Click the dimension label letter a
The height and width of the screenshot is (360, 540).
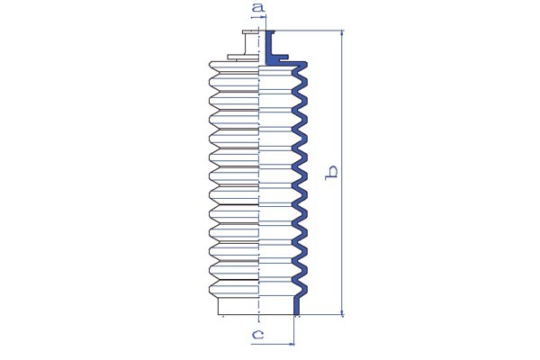coord(258,6)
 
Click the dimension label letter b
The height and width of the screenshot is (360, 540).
coord(331,173)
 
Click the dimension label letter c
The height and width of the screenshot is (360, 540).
coord(258,334)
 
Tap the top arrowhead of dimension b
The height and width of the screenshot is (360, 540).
coord(342,33)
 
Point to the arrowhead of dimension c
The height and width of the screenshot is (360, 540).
coord(292,344)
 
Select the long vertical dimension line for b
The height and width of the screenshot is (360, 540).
coord(342,172)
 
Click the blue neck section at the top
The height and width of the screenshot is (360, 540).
coord(270,48)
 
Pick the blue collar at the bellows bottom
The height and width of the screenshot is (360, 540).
coord(297,306)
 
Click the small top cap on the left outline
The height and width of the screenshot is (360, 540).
coord(250,32)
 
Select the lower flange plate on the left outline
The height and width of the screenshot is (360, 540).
coord(243,57)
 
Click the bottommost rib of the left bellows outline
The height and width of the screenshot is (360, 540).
coord(234,289)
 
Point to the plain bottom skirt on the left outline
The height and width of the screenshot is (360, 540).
coord(238,306)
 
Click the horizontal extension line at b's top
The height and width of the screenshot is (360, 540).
coord(309,31)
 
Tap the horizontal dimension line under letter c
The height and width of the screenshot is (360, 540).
coord(273,344)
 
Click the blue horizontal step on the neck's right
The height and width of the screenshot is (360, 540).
coord(280,56)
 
